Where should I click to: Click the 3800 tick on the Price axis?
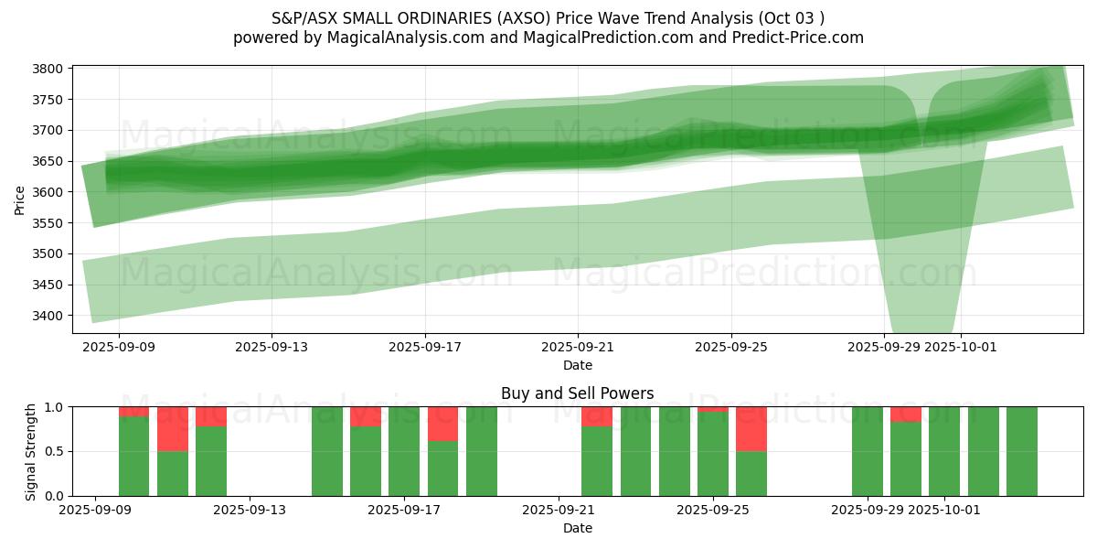click(x=48, y=69)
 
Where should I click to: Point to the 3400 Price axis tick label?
click(x=48, y=316)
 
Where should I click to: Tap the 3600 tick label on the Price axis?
click(x=48, y=192)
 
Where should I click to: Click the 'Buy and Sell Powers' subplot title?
click(x=577, y=393)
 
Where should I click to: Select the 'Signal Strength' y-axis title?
click(x=32, y=451)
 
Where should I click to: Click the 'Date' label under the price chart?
click(x=577, y=365)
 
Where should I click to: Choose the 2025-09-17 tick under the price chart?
click(x=425, y=348)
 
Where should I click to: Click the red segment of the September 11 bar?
click(x=173, y=428)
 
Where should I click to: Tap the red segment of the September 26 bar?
click(x=751, y=428)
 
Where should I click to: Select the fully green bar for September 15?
click(x=327, y=451)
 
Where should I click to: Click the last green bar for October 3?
click(x=1022, y=451)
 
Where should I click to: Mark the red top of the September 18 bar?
click(x=443, y=424)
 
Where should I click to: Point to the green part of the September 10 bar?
click(x=134, y=457)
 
